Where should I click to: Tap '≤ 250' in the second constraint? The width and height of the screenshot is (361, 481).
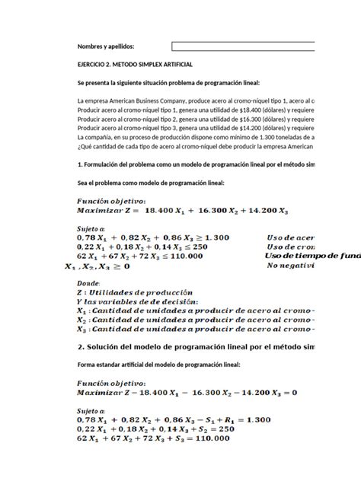tap(196, 247)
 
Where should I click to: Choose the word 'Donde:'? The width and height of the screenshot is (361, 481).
tap(91, 281)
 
